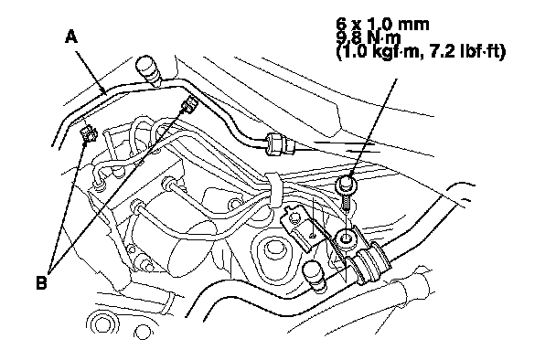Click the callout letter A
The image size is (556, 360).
(71, 37)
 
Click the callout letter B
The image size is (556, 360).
(41, 282)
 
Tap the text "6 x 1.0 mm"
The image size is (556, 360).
(382, 25)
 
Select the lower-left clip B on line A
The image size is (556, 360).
(88, 133)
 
